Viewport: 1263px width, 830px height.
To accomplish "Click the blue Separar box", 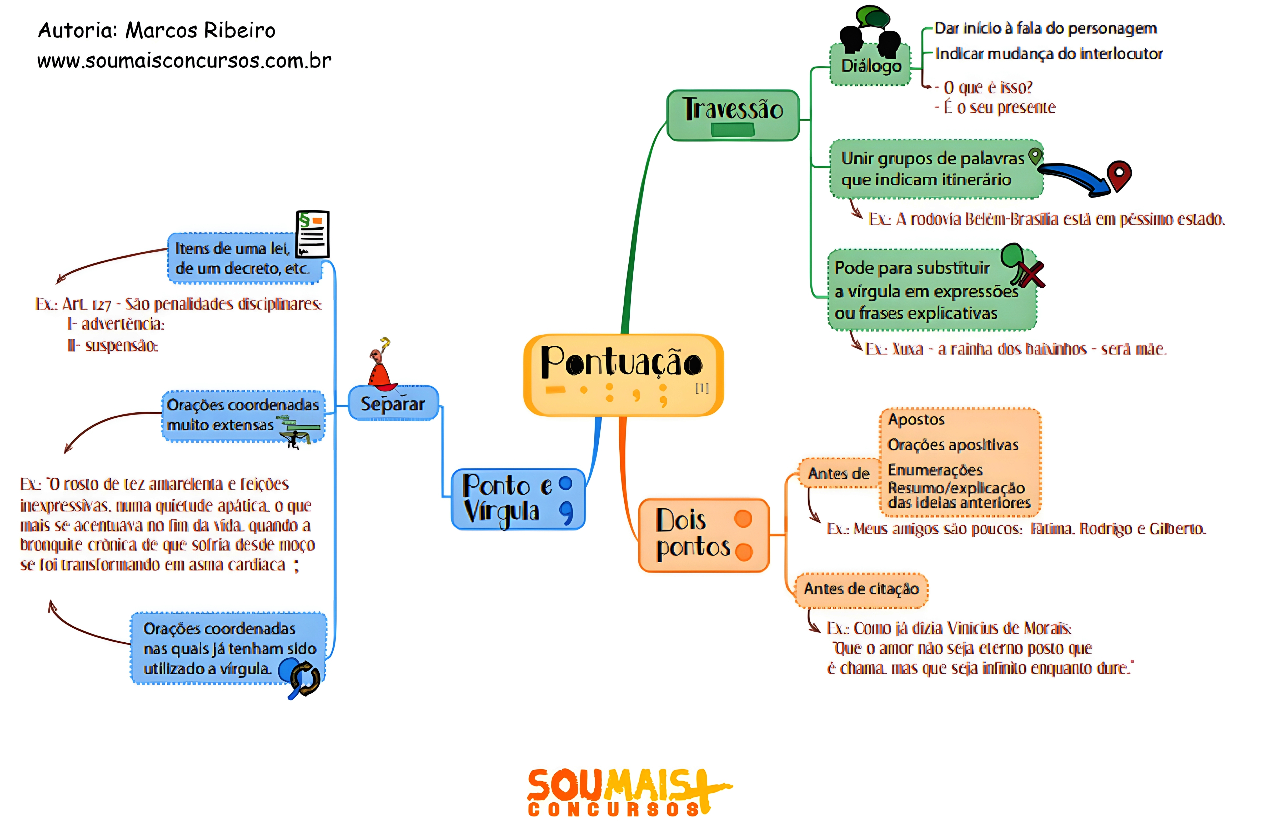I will [393, 404].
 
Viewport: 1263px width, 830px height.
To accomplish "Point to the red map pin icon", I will [1119, 175].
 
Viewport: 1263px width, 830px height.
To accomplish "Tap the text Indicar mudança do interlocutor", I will [1048, 54].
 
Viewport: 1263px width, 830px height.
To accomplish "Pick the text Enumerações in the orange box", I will [935, 470].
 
